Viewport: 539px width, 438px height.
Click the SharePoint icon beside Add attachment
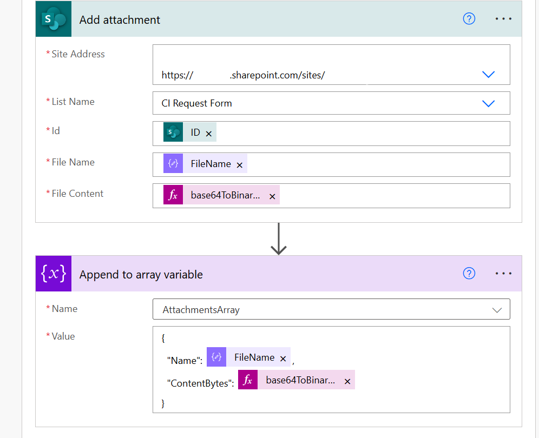[x=54, y=19]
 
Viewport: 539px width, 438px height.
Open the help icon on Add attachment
[x=469, y=19]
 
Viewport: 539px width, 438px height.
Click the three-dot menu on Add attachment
[x=503, y=19]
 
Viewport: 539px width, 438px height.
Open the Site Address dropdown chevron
[x=488, y=75]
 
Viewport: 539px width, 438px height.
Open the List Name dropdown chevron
[x=488, y=103]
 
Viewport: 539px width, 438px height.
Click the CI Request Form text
[x=196, y=103]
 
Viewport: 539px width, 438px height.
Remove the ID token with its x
[x=209, y=134]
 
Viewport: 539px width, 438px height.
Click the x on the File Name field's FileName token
[x=239, y=165]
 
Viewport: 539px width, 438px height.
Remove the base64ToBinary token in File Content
[x=272, y=197]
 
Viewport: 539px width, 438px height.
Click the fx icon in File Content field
[x=173, y=196]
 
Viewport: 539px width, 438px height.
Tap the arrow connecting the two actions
[x=278, y=238]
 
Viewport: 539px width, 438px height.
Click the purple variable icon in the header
[x=54, y=274]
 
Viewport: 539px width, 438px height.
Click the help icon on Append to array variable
[x=469, y=274]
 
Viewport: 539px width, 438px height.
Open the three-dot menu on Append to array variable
[x=503, y=274]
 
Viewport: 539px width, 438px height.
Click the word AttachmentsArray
[x=201, y=310]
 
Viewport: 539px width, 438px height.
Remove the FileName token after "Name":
[x=283, y=359]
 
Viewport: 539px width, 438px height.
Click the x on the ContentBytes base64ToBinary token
[x=347, y=382]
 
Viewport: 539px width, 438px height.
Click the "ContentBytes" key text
[x=200, y=383]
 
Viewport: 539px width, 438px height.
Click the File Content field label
[x=77, y=194]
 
